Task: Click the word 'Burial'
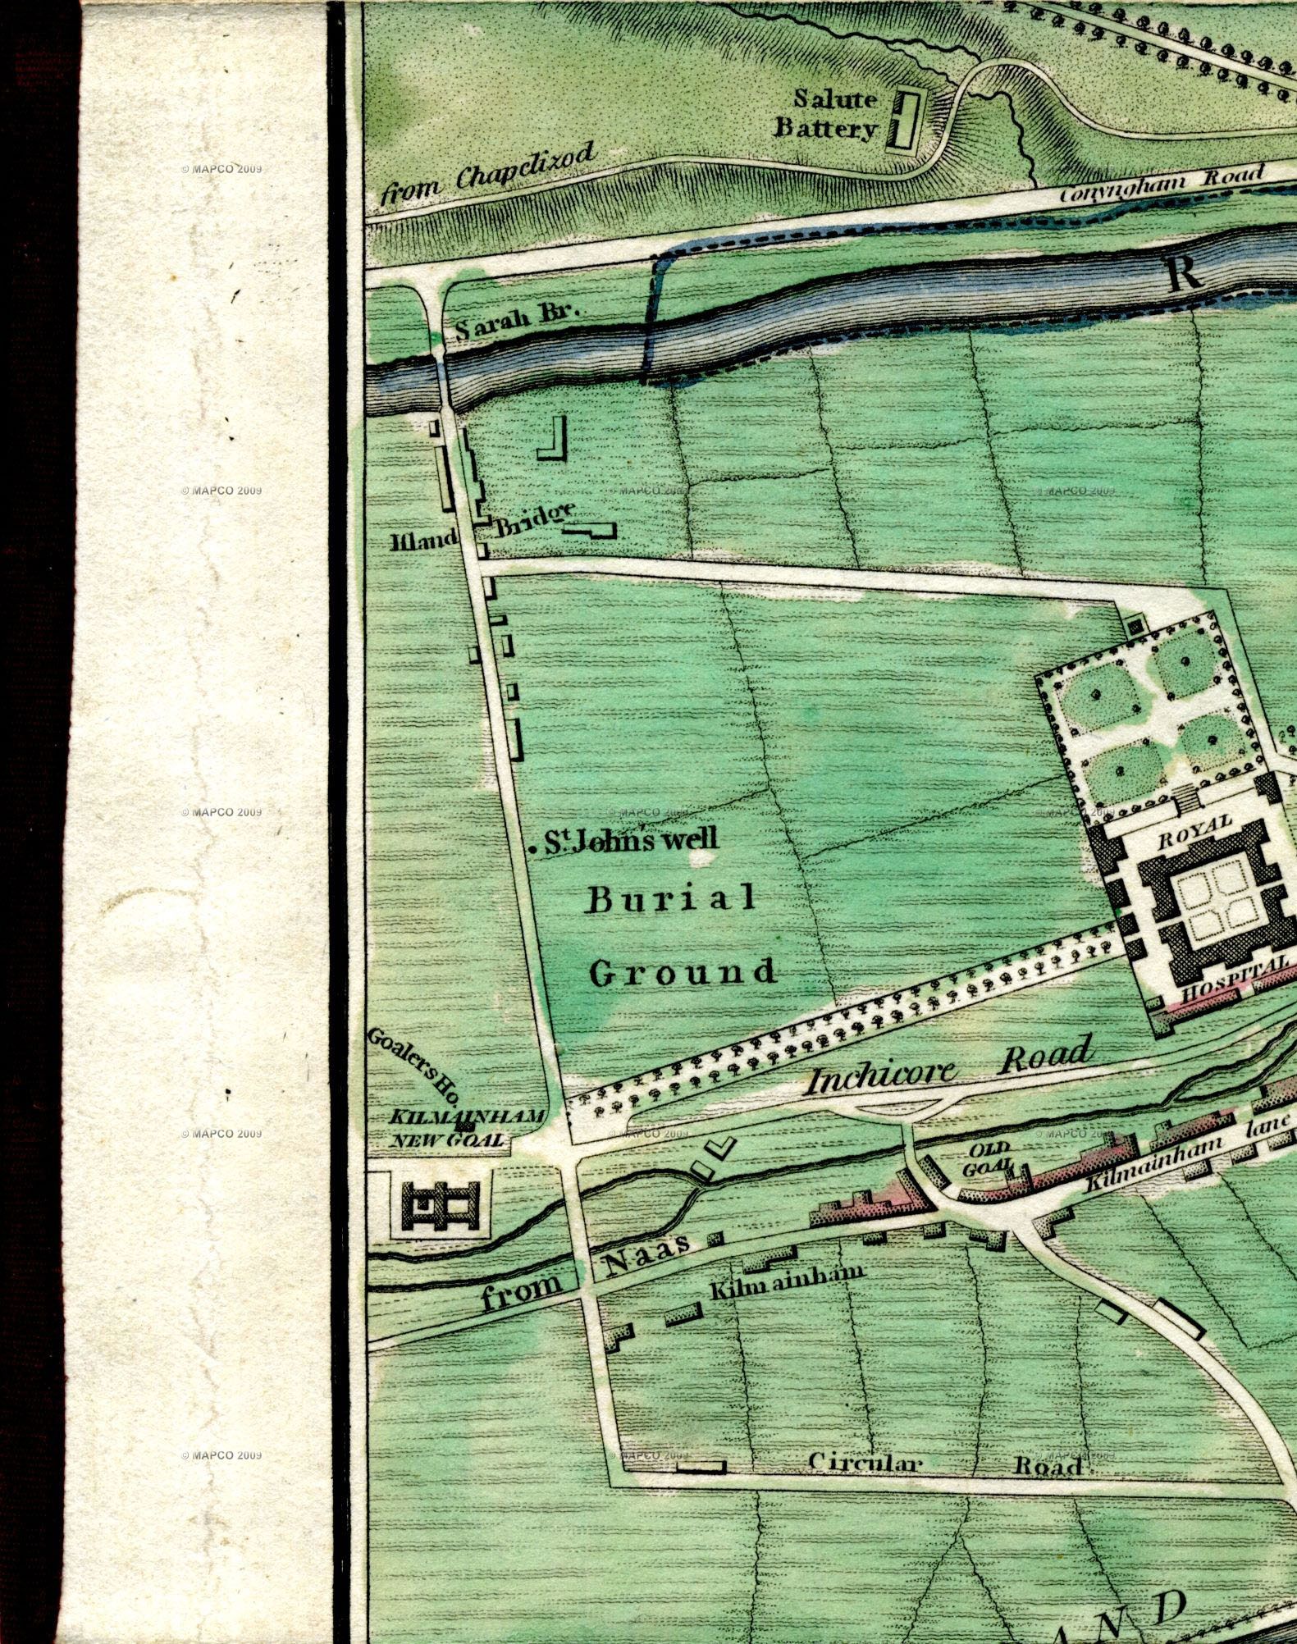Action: (671, 899)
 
